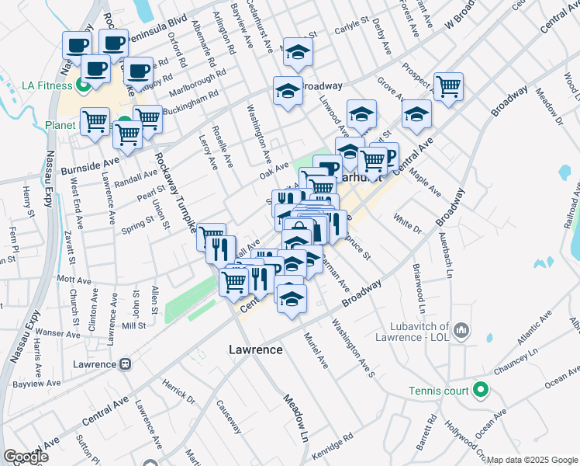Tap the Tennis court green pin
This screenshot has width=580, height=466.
(481, 390)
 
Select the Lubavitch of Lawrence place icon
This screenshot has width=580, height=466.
(461, 332)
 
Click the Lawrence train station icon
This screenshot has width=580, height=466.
(125, 363)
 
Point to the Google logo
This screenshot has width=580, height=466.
(25, 457)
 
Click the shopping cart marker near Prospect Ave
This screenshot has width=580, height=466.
(448, 87)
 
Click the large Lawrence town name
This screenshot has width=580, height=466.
(255, 350)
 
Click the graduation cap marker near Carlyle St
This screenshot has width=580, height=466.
(296, 53)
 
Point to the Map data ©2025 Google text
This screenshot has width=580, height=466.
(532, 460)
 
